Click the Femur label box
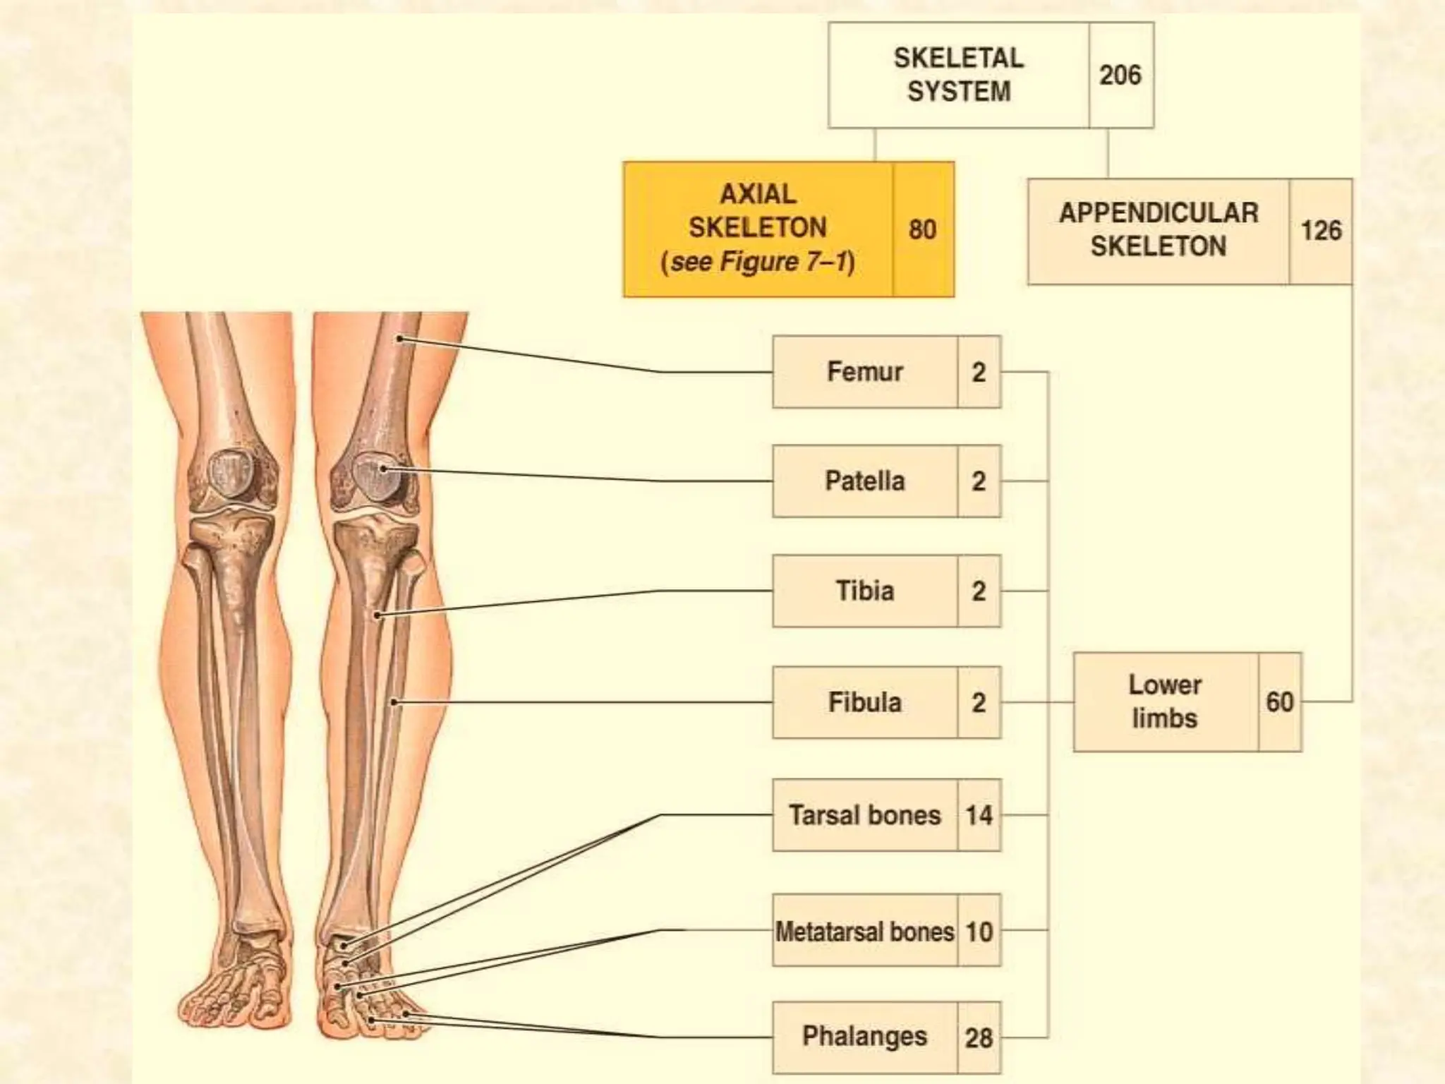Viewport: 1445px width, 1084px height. [x=864, y=372]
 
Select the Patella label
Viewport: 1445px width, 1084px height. [x=864, y=481]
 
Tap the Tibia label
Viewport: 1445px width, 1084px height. [x=864, y=591]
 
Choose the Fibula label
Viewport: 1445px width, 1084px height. [x=864, y=702]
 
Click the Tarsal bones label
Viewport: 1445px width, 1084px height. [x=864, y=815]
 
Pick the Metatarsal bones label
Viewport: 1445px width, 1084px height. [x=864, y=932]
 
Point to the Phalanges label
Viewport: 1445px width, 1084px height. [x=864, y=1036]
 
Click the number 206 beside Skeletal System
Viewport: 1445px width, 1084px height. [x=1120, y=75]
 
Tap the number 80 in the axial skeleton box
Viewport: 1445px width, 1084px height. [x=922, y=229]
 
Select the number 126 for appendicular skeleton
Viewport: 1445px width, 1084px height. [x=1321, y=231]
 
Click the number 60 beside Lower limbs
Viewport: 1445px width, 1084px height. [x=1279, y=702]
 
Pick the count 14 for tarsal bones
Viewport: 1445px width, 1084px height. [x=979, y=816]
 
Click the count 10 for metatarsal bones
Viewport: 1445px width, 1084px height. [x=979, y=932]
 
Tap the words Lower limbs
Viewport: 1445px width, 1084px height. [x=1164, y=701]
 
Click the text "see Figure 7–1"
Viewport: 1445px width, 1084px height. [x=758, y=262]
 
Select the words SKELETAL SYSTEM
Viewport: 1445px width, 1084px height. [x=958, y=75]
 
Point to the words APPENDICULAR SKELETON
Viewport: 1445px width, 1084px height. [x=1158, y=229]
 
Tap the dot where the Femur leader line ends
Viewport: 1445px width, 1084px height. [x=399, y=339]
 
